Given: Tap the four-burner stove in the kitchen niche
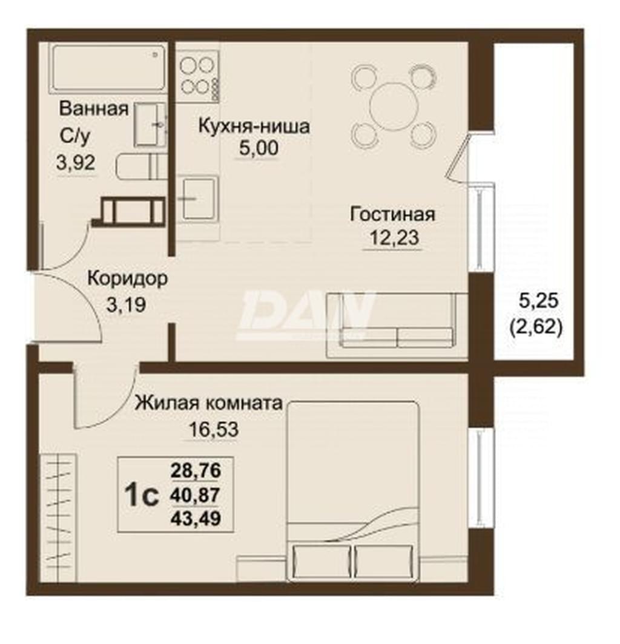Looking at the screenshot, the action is (199, 76).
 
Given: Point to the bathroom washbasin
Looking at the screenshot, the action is (150, 123).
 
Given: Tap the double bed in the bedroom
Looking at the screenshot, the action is (352, 491).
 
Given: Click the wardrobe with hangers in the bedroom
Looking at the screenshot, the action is (58, 517).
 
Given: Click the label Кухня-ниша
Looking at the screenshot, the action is (254, 126).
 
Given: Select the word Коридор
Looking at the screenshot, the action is (128, 279).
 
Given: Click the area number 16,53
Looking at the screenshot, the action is (213, 430).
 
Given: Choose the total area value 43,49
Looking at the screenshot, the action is (196, 518).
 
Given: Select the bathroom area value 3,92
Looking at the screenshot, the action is (76, 163).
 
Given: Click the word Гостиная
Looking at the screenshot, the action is (392, 214).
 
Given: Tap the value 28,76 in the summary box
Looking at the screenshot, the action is (196, 470).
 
